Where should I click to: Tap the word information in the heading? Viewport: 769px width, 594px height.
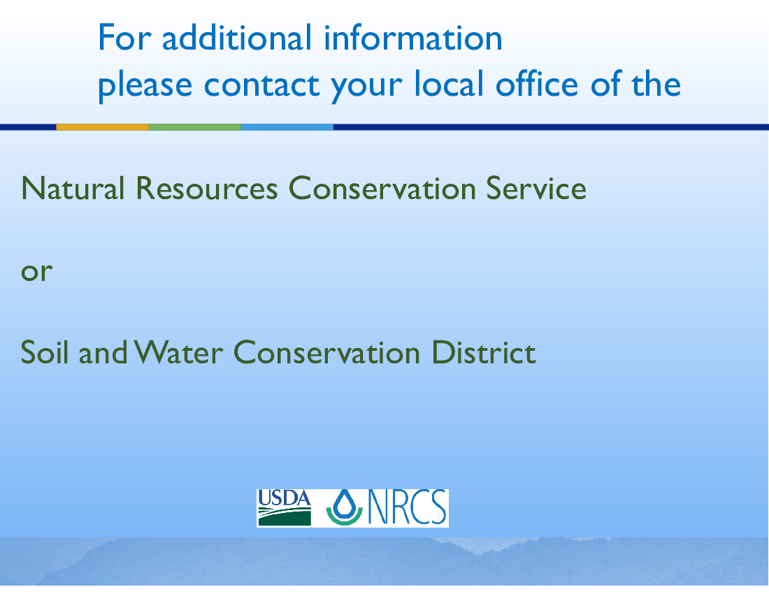click(413, 37)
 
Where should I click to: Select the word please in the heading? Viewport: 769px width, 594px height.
click(145, 85)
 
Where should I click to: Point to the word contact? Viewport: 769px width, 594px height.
click(261, 85)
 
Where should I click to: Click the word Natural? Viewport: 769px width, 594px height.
click(73, 188)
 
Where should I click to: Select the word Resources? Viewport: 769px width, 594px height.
click(207, 188)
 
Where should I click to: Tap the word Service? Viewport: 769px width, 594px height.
click(536, 188)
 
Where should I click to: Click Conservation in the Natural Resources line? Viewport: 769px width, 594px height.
click(382, 188)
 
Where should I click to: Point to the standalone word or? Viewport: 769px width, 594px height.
click(37, 272)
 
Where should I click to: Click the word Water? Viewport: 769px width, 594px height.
click(178, 352)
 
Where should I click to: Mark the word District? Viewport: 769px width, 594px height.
click(484, 352)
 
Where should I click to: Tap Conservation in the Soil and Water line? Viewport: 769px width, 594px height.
click(327, 352)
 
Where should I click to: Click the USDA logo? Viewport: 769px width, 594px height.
click(285, 508)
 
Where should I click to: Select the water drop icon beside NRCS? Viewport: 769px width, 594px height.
click(344, 508)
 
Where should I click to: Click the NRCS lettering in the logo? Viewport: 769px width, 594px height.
click(407, 508)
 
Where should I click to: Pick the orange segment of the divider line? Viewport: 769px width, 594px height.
click(103, 127)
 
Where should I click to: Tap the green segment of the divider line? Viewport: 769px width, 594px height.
click(195, 127)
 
